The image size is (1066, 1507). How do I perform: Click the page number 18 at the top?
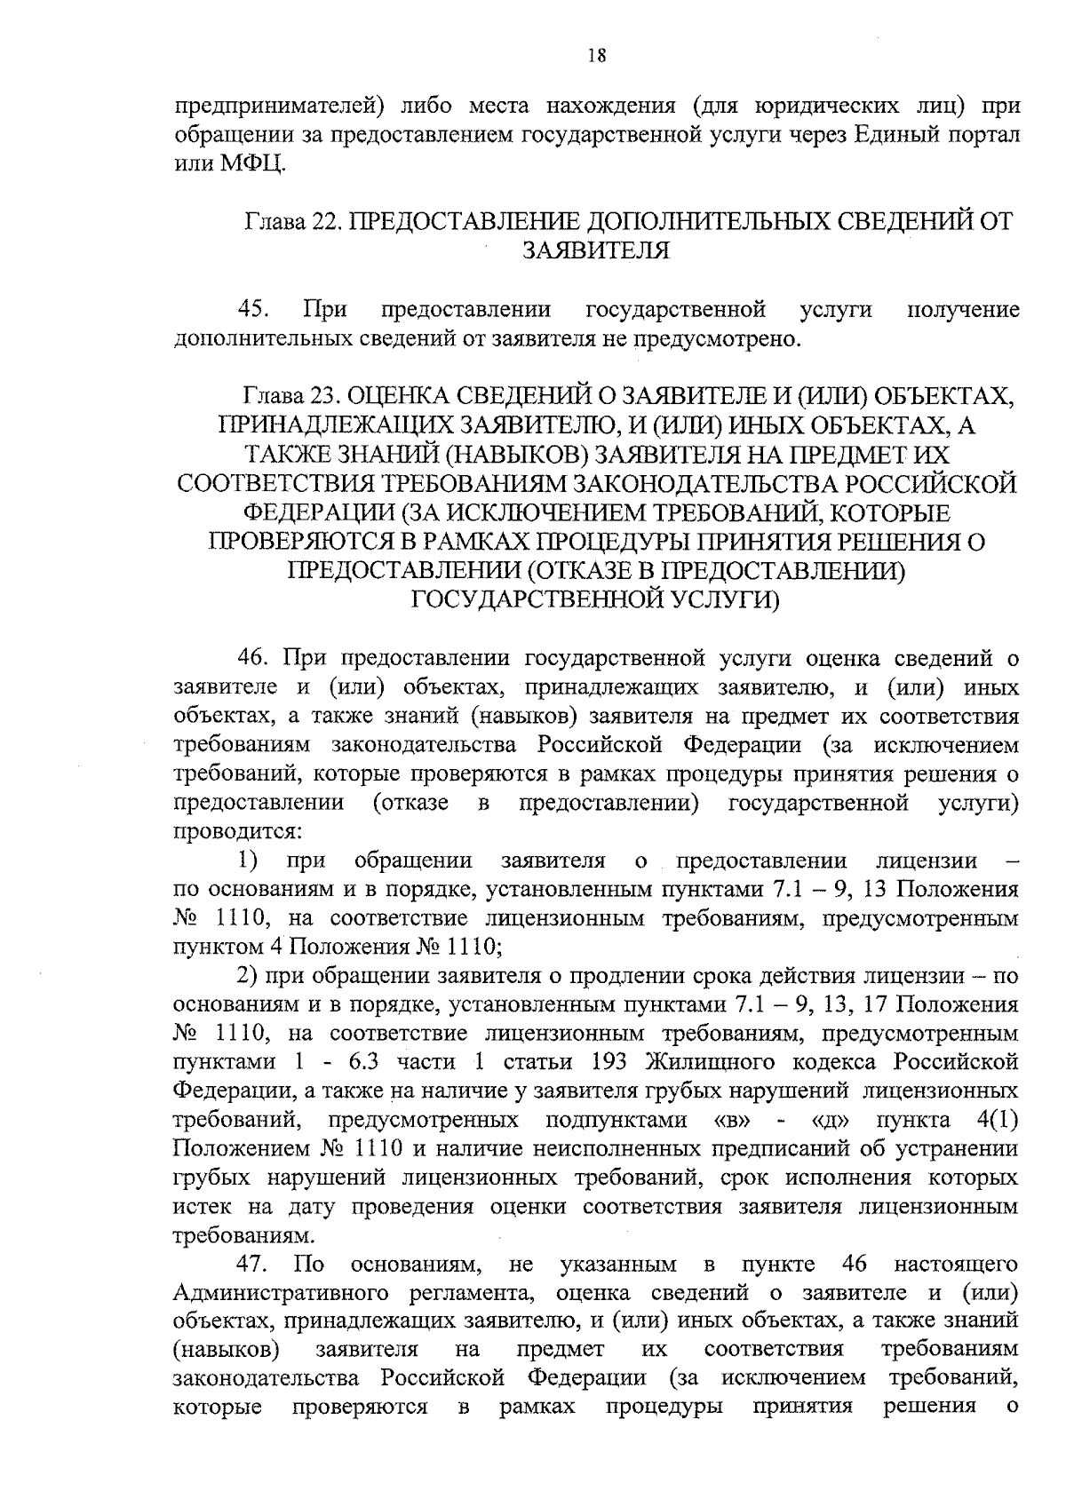coord(596,56)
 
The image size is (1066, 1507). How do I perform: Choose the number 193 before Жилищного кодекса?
coord(609,1062)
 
